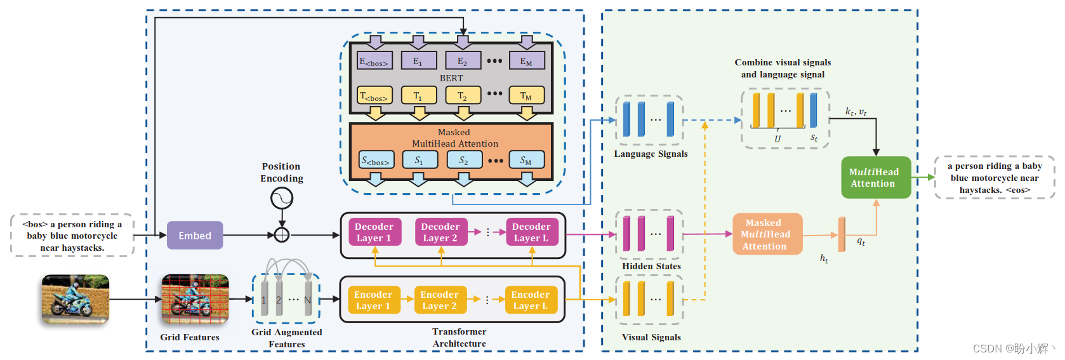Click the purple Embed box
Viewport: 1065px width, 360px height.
pos(195,236)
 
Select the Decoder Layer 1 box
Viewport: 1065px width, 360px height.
pos(374,232)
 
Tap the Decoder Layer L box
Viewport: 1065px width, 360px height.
pos(531,232)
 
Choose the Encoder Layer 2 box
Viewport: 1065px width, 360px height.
pos(439,300)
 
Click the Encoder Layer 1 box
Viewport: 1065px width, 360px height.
pos(373,300)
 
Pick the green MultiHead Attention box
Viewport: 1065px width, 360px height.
pos(875,178)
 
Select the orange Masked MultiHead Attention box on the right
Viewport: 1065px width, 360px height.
pos(767,234)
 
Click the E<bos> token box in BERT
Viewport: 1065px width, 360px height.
pos(374,61)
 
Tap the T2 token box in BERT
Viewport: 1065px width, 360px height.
pos(463,96)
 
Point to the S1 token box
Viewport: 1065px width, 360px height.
pos(420,160)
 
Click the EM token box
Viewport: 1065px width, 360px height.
pos(526,61)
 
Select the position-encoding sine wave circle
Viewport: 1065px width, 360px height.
pos(282,199)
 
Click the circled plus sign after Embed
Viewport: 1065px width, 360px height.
pos(282,235)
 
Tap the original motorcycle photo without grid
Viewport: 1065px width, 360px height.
pos(76,298)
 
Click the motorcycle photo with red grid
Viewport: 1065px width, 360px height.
pos(195,298)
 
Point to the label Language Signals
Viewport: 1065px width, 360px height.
pos(651,154)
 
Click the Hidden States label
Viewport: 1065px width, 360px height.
pos(651,266)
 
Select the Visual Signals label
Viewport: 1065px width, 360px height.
pos(651,337)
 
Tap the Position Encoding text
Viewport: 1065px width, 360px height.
pos(281,172)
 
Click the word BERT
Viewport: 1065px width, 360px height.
pos(451,78)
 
